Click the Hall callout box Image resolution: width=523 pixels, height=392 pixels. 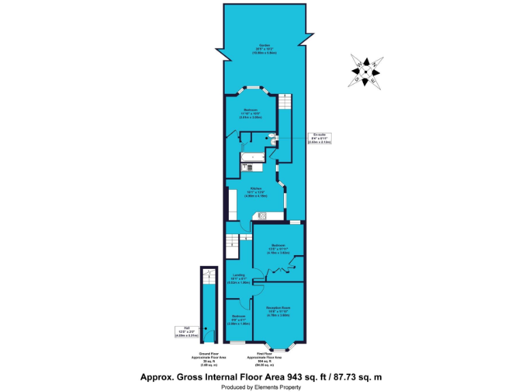186,331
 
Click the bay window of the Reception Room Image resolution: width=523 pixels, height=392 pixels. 278,347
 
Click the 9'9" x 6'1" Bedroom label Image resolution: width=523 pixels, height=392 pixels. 238,318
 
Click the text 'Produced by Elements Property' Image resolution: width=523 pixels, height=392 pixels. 261,387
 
